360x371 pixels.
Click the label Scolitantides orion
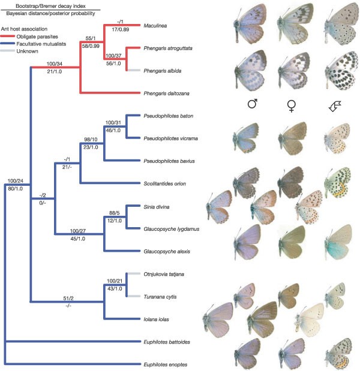[164, 183]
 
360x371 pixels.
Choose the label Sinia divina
[155, 206]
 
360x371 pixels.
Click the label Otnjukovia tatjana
[166, 274]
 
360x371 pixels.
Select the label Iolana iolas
[157, 319]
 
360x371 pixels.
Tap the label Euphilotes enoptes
[166, 364]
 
